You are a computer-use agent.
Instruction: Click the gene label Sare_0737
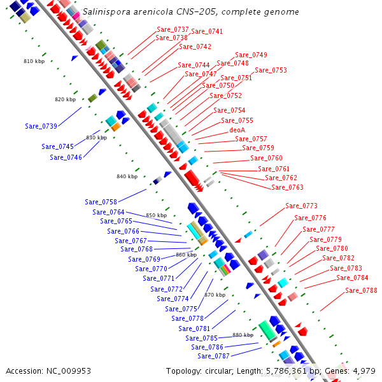[173, 30]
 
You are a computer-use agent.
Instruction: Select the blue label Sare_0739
[41, 126]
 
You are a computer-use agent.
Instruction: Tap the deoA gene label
[237, 130]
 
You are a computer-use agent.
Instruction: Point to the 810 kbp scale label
[34, 62]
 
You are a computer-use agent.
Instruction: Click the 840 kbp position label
[127, 176]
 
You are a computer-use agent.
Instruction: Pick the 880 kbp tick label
[243, 335]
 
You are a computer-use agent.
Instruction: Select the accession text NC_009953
[68, 371]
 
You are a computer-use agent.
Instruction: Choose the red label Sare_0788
[361, 291]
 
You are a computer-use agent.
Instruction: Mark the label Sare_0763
[287, 187]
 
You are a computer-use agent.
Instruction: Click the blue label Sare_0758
[101, 202]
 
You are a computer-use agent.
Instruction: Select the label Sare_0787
[213, 356]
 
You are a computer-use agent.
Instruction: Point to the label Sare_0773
[301, 206]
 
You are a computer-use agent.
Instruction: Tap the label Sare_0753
[271, 70]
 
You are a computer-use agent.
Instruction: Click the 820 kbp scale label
[65, 99]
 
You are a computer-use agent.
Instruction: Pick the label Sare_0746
[66, 157]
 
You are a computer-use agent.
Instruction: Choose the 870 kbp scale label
[215, 295]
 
